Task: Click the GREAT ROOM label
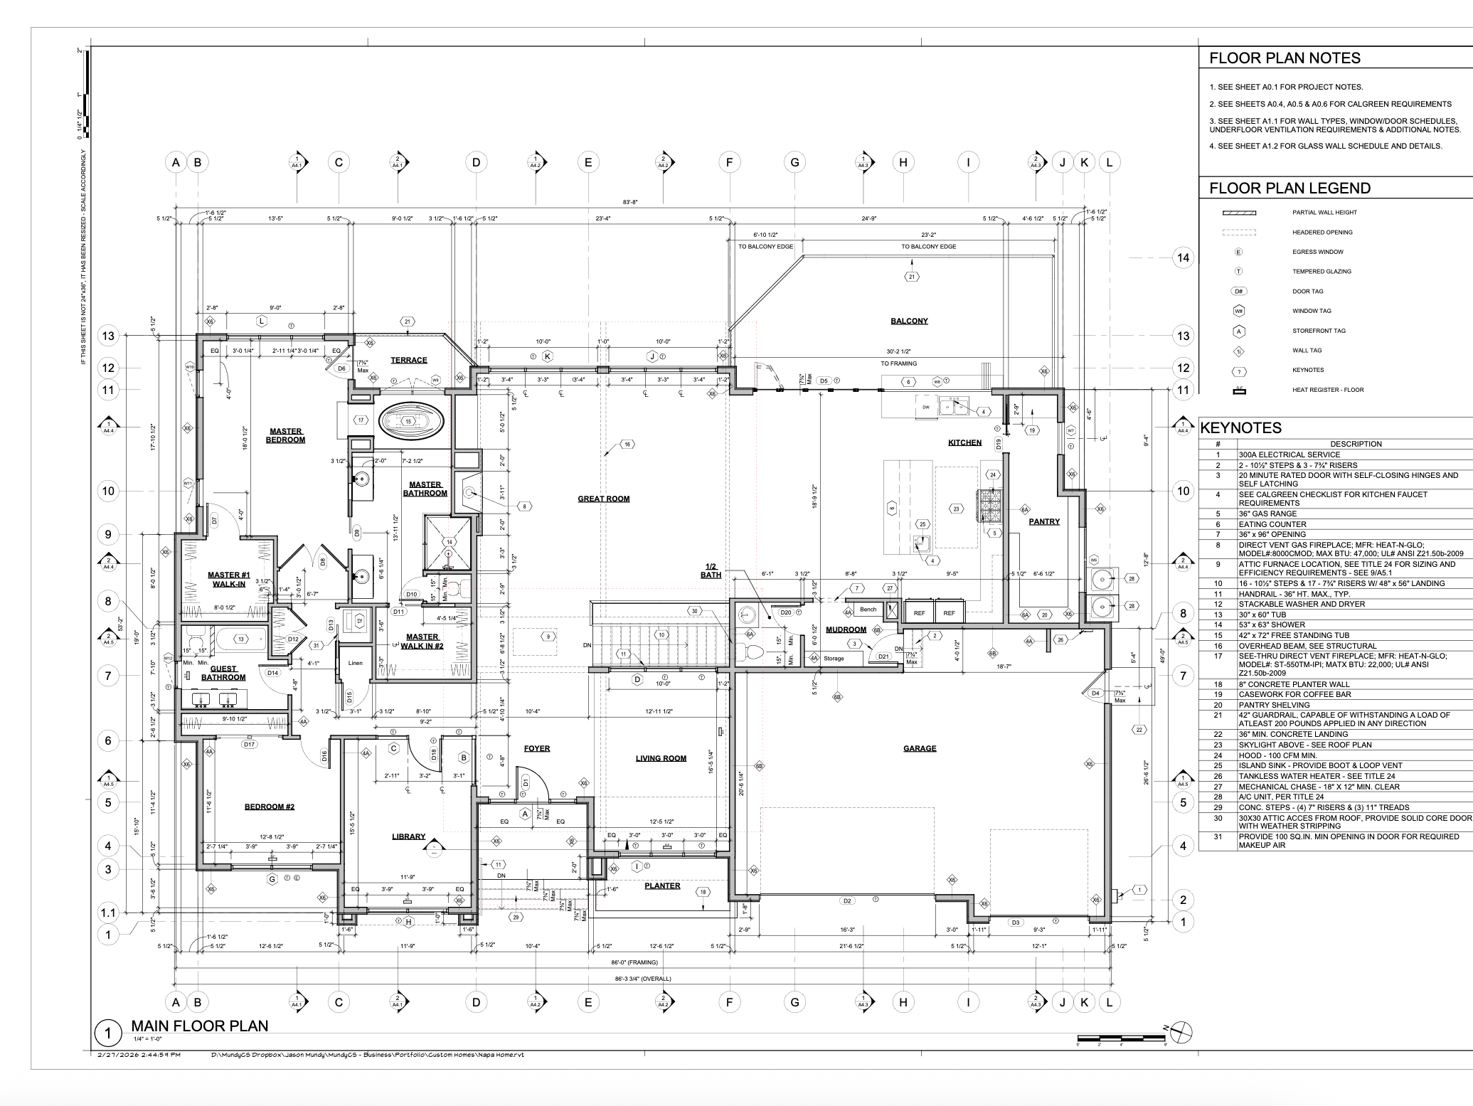603,499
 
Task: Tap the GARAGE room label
920,748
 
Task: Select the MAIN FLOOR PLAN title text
200,1026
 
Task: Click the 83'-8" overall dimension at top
630,202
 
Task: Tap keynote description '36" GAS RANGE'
1267,514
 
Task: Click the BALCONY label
909,321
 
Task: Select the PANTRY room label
1044,521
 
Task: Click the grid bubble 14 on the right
1183,257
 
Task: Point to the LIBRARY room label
408,836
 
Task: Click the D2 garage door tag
846,901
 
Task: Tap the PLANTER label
662,886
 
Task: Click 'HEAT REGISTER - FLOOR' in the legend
1328,390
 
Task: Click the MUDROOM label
846,629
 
